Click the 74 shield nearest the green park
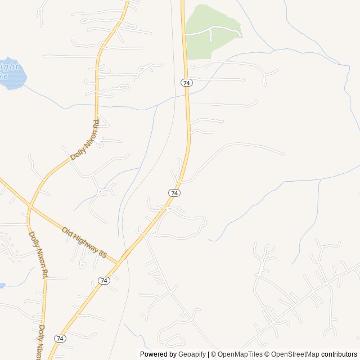click(187, 83)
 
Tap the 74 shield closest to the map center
click(174, 193)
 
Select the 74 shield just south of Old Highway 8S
click(103, 280)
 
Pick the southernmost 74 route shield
click(60, 338)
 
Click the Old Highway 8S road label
click(84, 242)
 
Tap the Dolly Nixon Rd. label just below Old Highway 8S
click(38, 255)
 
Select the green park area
click(211, 31)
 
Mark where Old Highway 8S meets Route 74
click(119, 262)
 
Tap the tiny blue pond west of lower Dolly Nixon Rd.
click(2, 286)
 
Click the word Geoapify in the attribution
click(192, 354)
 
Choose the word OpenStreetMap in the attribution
click(295, 354)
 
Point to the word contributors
click(339, 354)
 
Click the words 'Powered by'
click(158, 354)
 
